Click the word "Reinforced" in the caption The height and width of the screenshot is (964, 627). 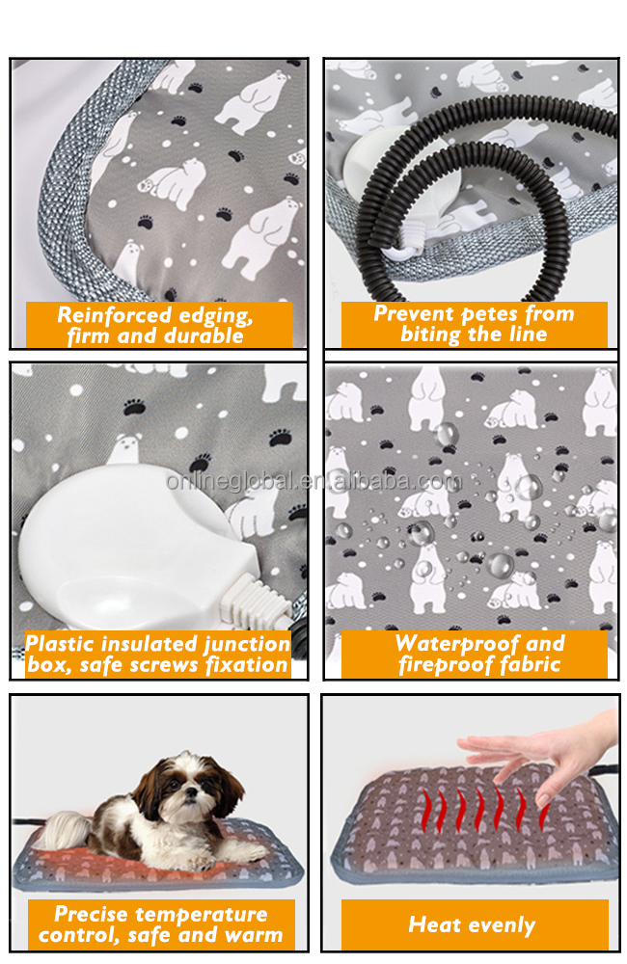(x=114, y=315)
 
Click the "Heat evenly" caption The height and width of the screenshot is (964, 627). (x=472, y=924)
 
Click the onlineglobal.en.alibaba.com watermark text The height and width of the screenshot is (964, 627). (x=313, y=481)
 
